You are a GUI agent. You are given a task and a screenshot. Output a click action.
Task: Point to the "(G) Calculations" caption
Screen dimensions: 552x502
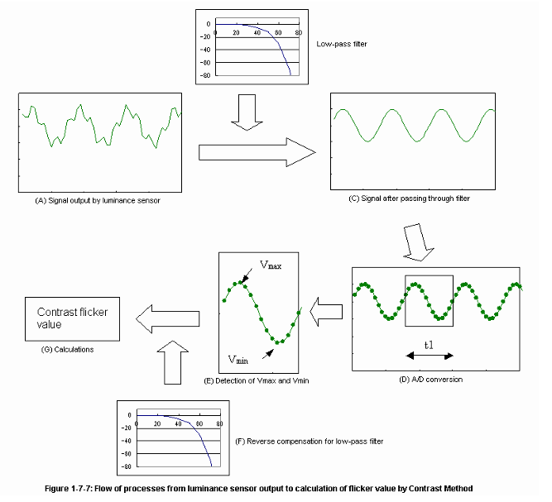click(67, 350)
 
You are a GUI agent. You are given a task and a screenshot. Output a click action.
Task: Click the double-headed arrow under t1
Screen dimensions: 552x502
click(430, 355)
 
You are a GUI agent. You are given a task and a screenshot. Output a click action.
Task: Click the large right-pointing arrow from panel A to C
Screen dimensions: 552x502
click(258, 151)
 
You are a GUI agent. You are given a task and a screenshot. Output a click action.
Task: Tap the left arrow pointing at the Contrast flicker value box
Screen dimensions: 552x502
click(169, 316)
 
